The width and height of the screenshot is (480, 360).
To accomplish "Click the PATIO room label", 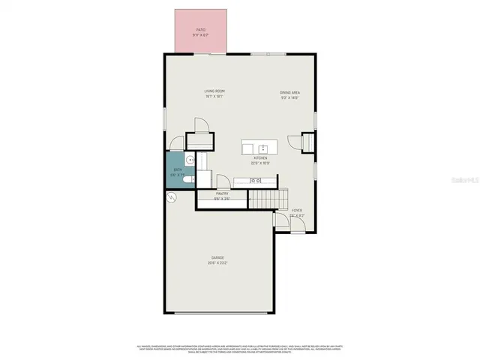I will tap(200, 29).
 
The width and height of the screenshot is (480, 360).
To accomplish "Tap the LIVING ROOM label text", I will tap(214, 91).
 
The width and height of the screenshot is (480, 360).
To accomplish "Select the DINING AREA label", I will tap(290, 91).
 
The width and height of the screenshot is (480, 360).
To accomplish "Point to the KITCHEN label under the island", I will tap(260, 158).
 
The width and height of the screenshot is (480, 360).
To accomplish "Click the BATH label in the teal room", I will tap(178, 170).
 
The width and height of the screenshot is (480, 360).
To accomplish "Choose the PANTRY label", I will tap(221, 193).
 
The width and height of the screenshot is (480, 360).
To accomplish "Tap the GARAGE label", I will tap(217, 257).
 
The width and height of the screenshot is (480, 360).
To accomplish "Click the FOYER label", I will tap(297, 211).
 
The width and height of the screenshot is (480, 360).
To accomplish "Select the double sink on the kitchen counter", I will tap(256, 181).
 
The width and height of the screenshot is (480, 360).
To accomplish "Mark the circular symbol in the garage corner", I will tap(171, 198).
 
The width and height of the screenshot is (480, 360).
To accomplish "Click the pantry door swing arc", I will tap(223, 181).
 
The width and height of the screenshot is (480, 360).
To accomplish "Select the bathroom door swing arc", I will tap(176, 142).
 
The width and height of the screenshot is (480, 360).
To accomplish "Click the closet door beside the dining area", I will tap(293, 141).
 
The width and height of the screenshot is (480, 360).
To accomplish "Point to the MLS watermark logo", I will tap(466, 181).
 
